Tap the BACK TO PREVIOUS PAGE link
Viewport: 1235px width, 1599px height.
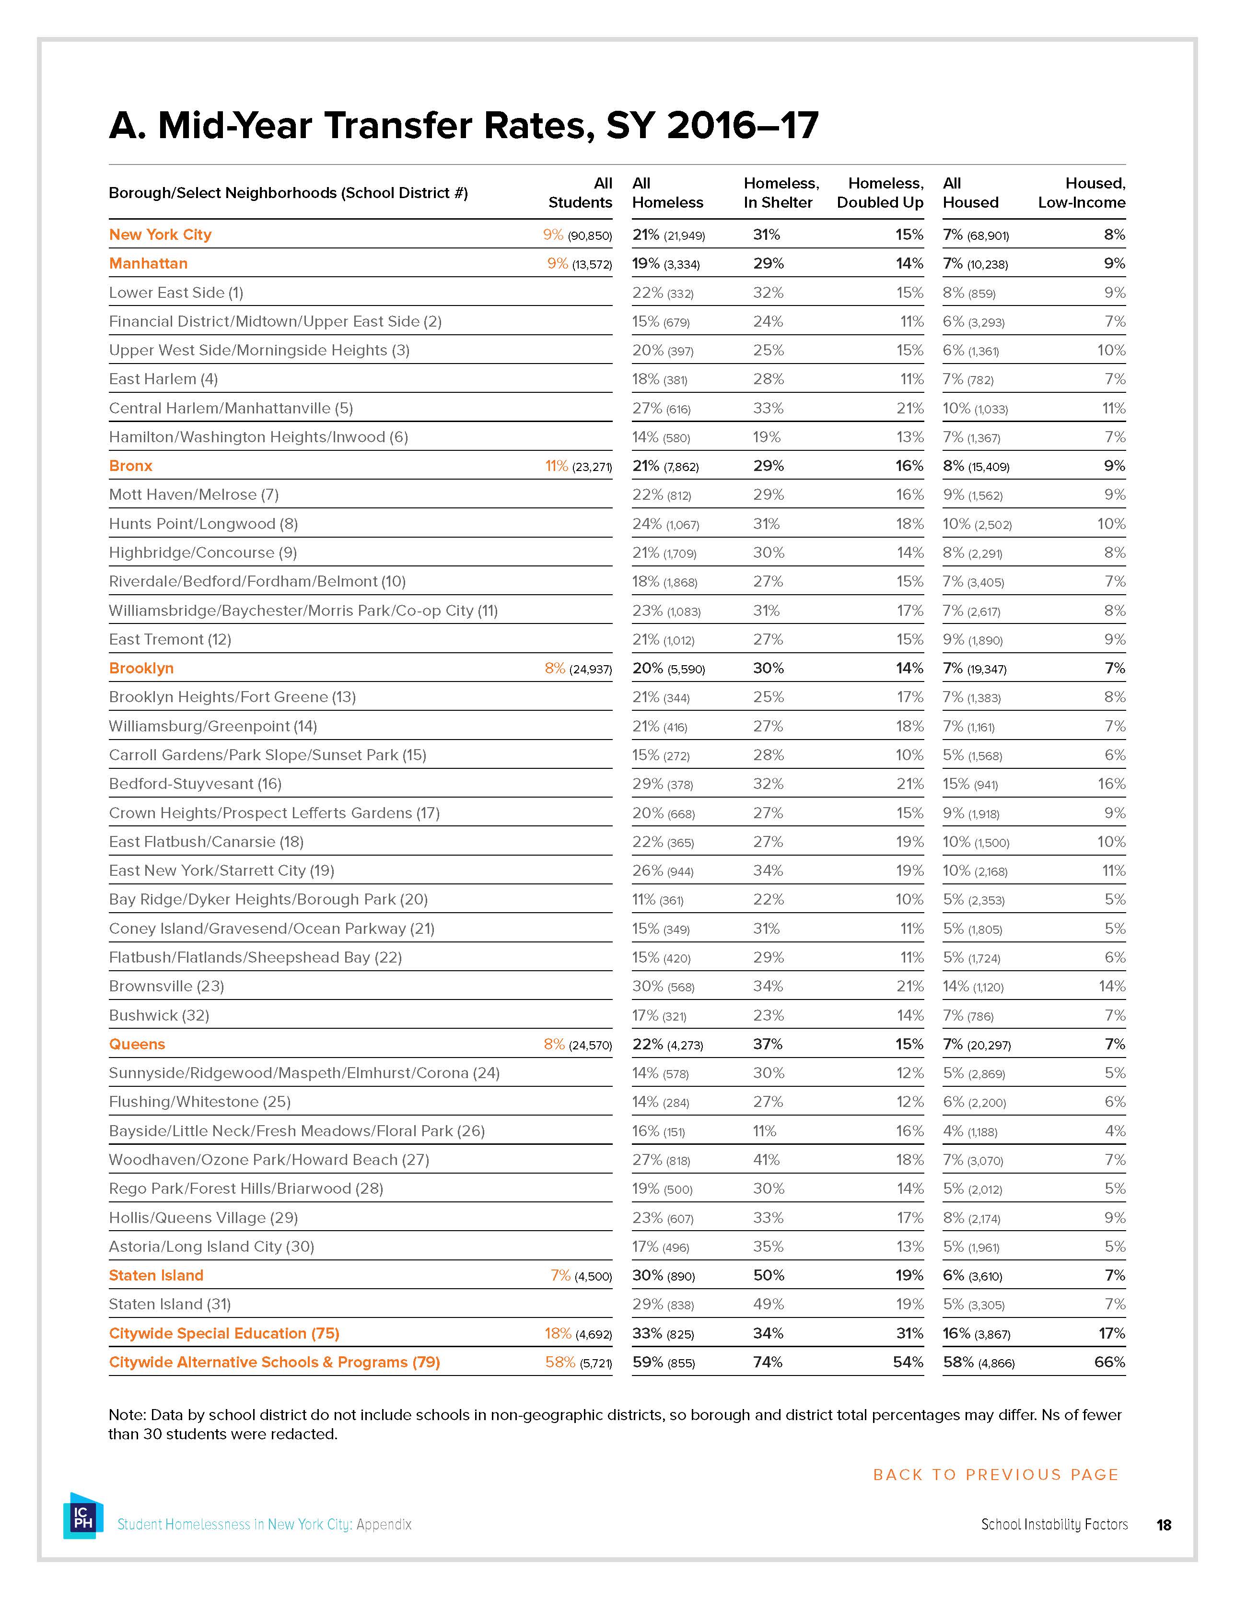996,1474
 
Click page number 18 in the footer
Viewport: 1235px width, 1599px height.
1163,1525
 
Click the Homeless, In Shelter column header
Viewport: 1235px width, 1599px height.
781,192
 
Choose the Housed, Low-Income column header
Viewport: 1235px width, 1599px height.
1081,192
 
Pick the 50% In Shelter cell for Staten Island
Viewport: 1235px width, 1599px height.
768,1275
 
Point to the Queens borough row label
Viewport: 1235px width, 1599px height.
137,1044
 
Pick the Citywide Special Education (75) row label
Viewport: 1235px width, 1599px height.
224,1333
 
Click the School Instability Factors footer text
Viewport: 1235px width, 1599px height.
1054,1524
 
